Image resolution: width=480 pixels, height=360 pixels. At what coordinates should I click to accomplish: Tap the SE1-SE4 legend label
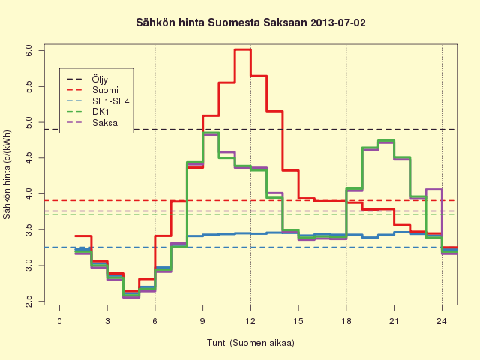[x=111, y=101]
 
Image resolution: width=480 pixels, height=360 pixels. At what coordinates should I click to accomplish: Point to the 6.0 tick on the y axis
[x=28, y=50]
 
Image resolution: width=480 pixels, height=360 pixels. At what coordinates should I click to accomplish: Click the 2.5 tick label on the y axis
[x=28, y=301]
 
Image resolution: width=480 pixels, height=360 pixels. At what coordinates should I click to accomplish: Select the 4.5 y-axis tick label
[x=28, y=158]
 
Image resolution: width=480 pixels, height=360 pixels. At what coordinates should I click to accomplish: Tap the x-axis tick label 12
[x=250, y=321]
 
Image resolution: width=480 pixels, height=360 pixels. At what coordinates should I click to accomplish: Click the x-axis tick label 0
[x=60, y=321]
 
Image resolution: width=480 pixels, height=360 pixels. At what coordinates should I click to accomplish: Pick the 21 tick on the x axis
[x=394, y=321]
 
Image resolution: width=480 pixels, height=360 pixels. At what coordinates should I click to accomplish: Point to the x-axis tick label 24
[x=442, y=321]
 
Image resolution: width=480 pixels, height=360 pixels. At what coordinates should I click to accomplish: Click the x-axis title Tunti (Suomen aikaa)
[x=250, y=342]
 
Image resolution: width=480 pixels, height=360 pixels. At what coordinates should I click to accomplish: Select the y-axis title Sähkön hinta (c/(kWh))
[x=7, y=175]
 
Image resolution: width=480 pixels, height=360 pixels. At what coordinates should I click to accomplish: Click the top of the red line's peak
[x=243, y=49]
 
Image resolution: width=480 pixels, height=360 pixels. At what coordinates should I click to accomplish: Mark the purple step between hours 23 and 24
[x=434, y=189]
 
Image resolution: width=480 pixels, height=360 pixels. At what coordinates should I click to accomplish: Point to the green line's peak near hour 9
[x=211, y=133]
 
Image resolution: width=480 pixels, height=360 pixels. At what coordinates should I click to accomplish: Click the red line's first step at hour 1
[x=83, y=235]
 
